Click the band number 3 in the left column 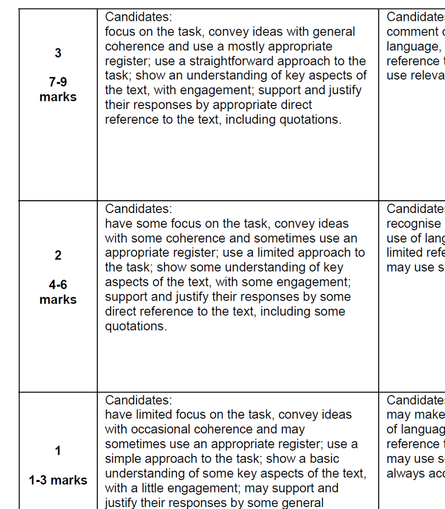pos(58,53)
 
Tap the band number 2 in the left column pos(58,256)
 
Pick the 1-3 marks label pos(58,480)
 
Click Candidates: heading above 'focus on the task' pos(139,17)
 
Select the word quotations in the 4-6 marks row pos(136,326)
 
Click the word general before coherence pos(332,32)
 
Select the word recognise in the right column pos(413,224)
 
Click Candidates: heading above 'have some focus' pos(139,209)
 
